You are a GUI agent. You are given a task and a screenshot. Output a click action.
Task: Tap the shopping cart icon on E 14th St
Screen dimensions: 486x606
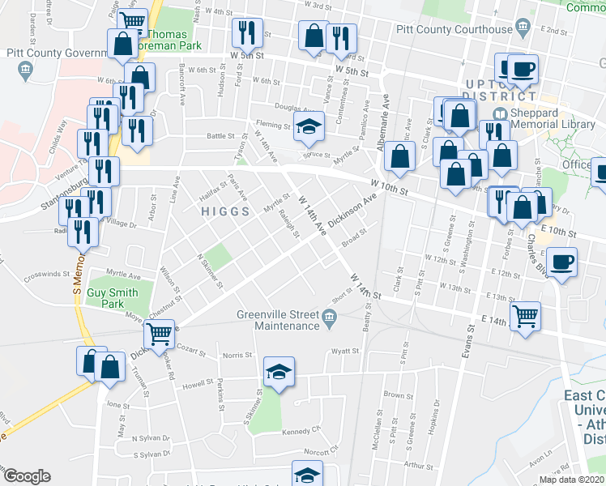pos(527,315)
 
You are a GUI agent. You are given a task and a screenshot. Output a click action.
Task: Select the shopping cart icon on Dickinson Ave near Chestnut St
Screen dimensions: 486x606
pos(160,331)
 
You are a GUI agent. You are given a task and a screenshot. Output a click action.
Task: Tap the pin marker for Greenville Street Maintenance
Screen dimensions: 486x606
pos(329,316)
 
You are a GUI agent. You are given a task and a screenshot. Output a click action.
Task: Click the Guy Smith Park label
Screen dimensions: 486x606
pos(113,293)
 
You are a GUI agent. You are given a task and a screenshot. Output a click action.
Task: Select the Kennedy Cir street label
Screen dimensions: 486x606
pos(303,432)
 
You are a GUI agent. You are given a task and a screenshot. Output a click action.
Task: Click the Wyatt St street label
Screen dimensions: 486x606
pos(344,352)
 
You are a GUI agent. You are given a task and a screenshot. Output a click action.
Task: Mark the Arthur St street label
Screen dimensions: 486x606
pos(419,465)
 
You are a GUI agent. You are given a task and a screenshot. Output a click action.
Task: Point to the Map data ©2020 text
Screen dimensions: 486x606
pos(571,480)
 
